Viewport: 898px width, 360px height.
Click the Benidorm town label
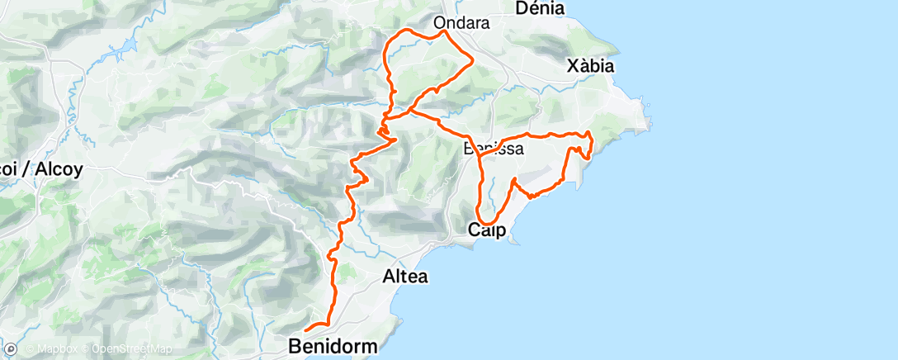333,347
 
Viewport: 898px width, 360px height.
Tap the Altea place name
405,277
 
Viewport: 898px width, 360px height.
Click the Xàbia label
590,66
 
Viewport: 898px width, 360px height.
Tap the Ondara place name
462,23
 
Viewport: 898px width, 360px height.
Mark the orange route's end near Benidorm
305,332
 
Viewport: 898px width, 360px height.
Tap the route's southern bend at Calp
487,223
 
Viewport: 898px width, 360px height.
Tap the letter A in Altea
388,277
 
